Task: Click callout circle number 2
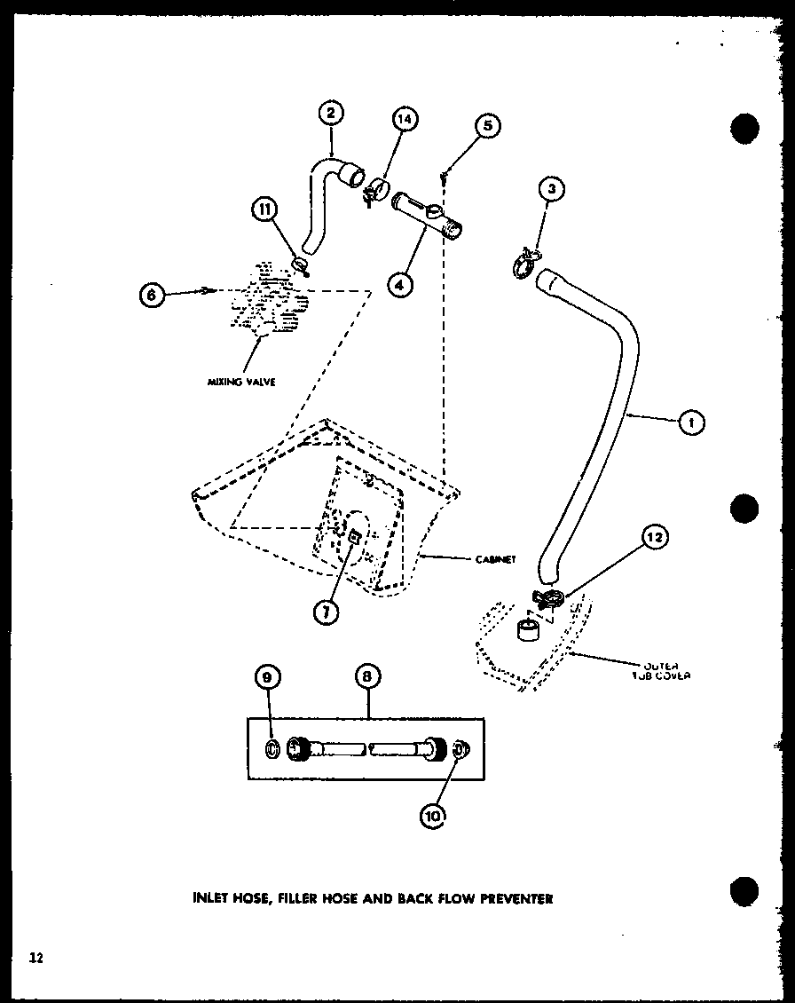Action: pos(330,115)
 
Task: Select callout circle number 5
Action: pos(487,127)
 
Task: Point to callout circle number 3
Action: pos(553,189)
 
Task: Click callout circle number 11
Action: pos(264,210)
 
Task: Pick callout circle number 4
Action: pos(401,284)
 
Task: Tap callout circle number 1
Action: pos(691,423)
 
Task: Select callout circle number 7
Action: pos(329,612)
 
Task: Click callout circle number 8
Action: pos(367,678)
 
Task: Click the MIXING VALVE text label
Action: pos(242,383)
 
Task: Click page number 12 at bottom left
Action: pos(35,957)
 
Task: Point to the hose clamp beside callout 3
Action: pos(524,263)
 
